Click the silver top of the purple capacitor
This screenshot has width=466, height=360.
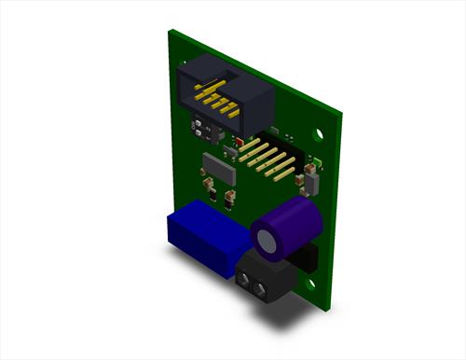(270, 242)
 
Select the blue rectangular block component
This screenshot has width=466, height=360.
(205, 241)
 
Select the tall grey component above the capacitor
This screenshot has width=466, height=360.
(311, 179)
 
